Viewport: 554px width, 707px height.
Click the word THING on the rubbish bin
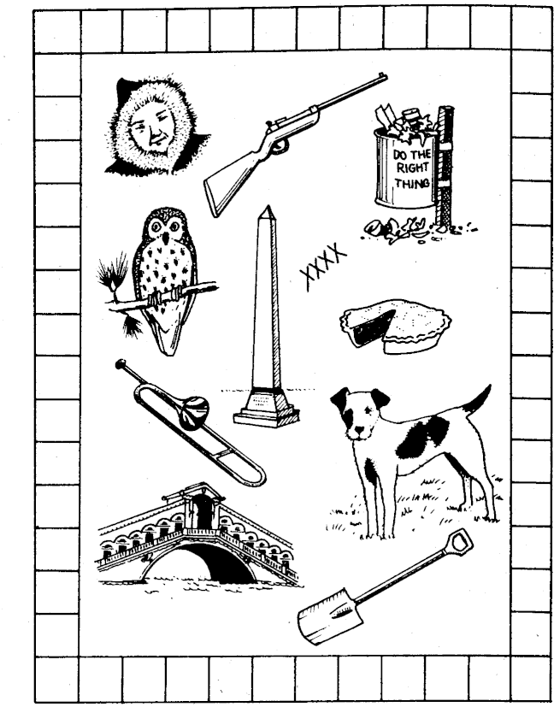pyautogui.click(x=412, y=183)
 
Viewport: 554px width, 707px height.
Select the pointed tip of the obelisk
pyautogui.click(x=268, y=208)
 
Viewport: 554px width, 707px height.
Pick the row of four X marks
pyautogui.click(x=323, y=266)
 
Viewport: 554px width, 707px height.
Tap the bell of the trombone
pyautogui.click(x=194, y=412)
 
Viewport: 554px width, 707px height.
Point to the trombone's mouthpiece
pyautogui.click(x=120, y=364)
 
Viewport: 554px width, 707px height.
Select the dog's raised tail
pyautogui.click(x=477, y=400)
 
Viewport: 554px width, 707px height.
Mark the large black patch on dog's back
pyautogui.click(x=422, y=435)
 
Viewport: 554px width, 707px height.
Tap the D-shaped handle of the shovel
pyautogui.click(x=459, y=540)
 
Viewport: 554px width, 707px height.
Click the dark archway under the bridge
pyautogui.click(x=227, y=563)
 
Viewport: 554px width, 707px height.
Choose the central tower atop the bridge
pyautogui.click(x=201, y=507)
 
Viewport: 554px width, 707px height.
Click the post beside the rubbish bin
pyautogui.click(x=444, y=166)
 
